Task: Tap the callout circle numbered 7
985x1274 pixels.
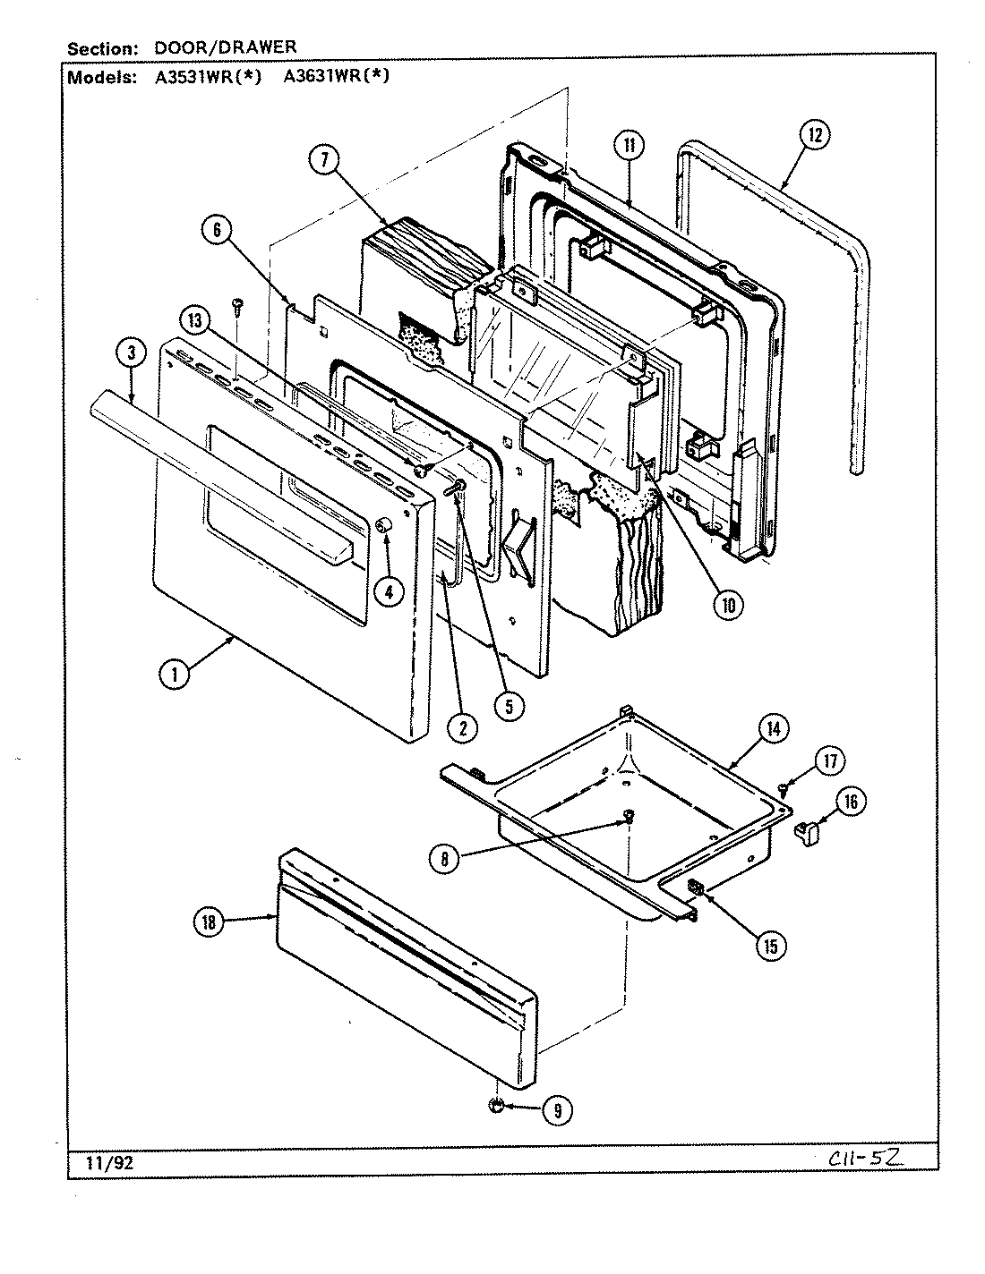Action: tap(324, 160)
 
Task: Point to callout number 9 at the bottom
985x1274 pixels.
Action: tap(556, 1110)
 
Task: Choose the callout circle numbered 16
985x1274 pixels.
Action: tap(851, 802)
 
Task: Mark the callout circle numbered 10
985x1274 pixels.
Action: tap(726, 605)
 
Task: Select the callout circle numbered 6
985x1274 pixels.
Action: tap(216, 230)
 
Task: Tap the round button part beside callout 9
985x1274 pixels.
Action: tap(496, 1108)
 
